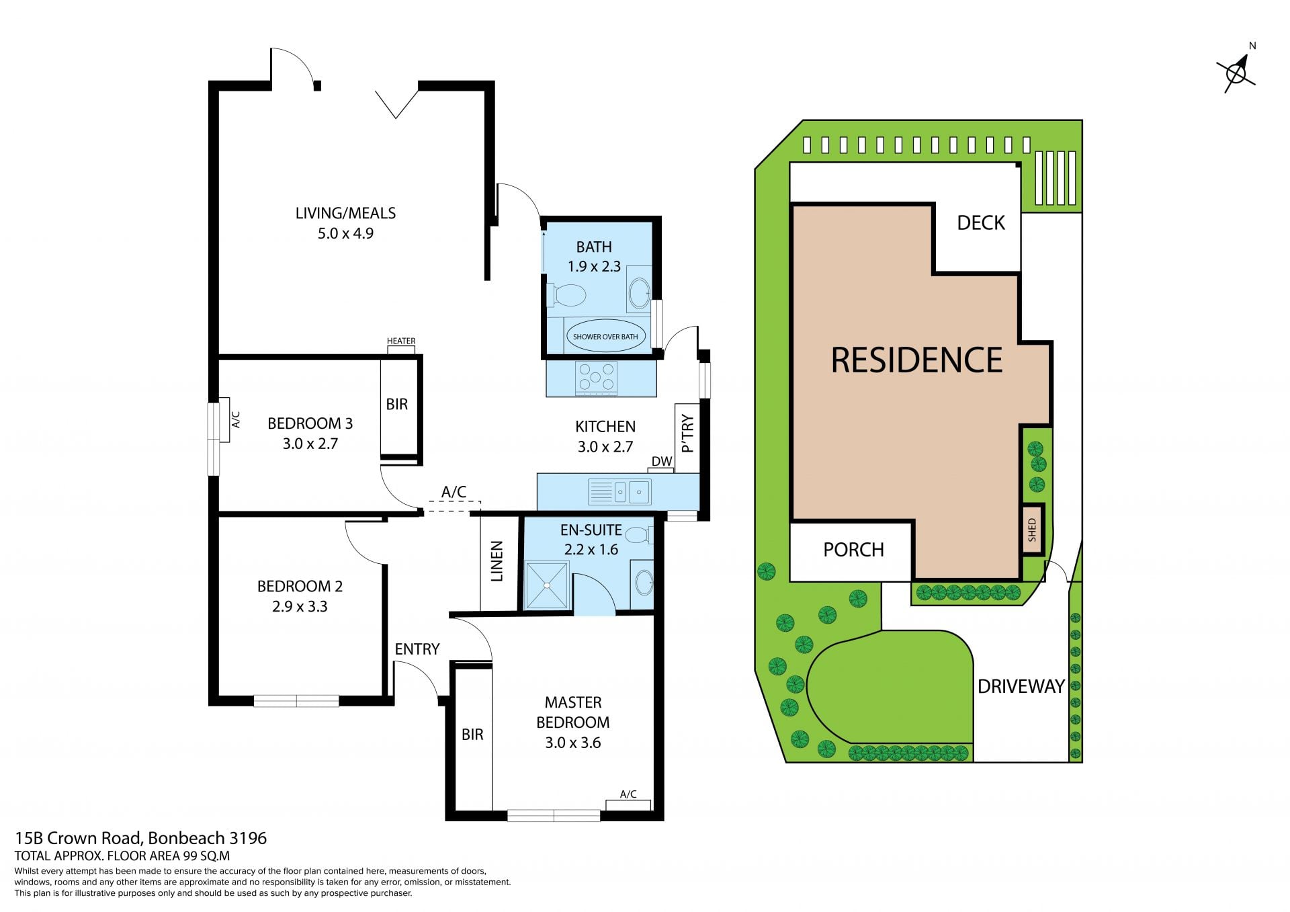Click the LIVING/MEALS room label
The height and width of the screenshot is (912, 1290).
coord(345,213)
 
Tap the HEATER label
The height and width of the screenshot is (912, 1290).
coord(401,341)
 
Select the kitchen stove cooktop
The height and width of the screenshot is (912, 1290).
coord(596,377)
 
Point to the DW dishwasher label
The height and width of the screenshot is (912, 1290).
coord(662,461)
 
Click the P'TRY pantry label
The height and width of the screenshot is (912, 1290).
coord(687,433)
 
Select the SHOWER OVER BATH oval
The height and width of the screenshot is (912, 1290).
coord(605,336)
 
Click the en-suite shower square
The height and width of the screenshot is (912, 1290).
coord(547,585)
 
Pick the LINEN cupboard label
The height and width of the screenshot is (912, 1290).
coord(497,561)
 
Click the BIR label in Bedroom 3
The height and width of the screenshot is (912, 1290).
coord(396,404)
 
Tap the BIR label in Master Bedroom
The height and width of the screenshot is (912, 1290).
coord(472,735)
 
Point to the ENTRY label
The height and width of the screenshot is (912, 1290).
coord(417,649)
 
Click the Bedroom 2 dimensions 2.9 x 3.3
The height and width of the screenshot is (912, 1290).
coord(300,606)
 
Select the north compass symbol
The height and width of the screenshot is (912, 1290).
coord(1237,69)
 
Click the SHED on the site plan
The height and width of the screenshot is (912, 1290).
coord(1033,530)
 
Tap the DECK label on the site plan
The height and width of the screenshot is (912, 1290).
coord(981,222)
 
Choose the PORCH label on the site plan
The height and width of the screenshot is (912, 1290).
coord(853,550)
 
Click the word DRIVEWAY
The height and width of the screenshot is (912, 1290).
coord(1021,686)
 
